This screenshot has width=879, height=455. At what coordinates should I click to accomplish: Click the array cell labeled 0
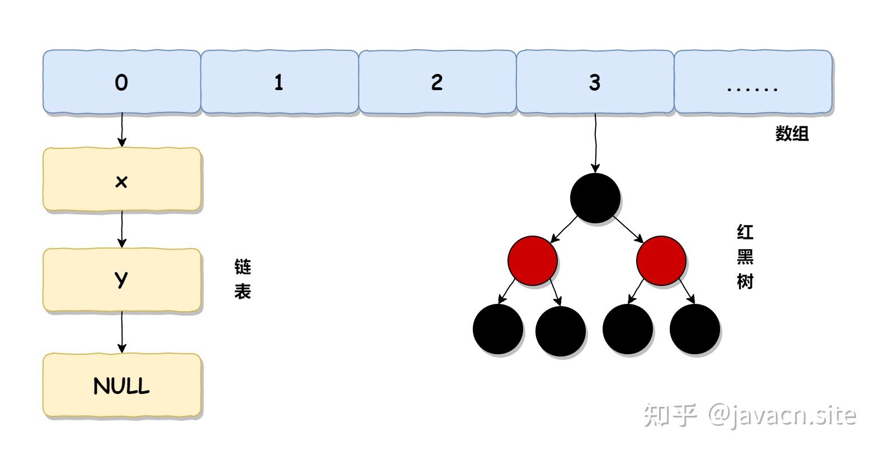click(121, 82)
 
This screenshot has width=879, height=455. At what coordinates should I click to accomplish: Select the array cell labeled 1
click(279, 82)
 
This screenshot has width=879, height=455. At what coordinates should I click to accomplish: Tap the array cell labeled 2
click(437, 82)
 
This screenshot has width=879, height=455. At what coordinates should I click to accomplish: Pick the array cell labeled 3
click(595, 82)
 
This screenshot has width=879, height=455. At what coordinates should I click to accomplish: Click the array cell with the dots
click(753, 82)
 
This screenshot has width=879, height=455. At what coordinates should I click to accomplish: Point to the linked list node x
click(121, 180)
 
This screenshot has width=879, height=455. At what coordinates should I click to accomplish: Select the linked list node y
click(121, 280)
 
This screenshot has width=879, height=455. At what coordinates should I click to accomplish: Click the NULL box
click(121, 386)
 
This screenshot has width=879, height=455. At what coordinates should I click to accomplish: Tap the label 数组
click(792, 134)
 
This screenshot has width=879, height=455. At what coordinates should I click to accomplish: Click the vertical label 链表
click(242, 279)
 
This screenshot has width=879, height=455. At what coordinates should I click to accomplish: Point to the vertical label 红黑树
click(745, 257)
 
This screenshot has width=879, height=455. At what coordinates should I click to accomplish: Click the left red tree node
click(533, 261)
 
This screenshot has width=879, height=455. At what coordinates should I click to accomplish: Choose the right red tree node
click(661, 261)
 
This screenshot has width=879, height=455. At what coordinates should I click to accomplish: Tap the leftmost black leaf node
click(498, 329)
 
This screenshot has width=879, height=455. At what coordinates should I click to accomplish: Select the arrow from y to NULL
click(121, 332)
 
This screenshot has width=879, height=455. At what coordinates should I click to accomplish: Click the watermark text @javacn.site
click(782, 415)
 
